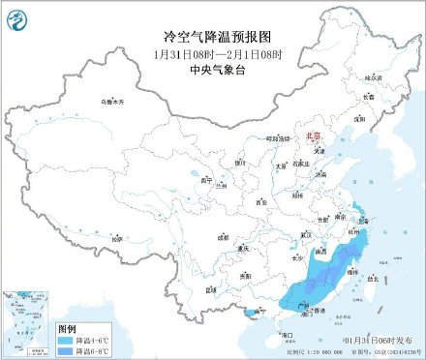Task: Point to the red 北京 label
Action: [312, 137]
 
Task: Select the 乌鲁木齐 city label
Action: [114, 101]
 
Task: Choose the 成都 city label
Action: [223, 235]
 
